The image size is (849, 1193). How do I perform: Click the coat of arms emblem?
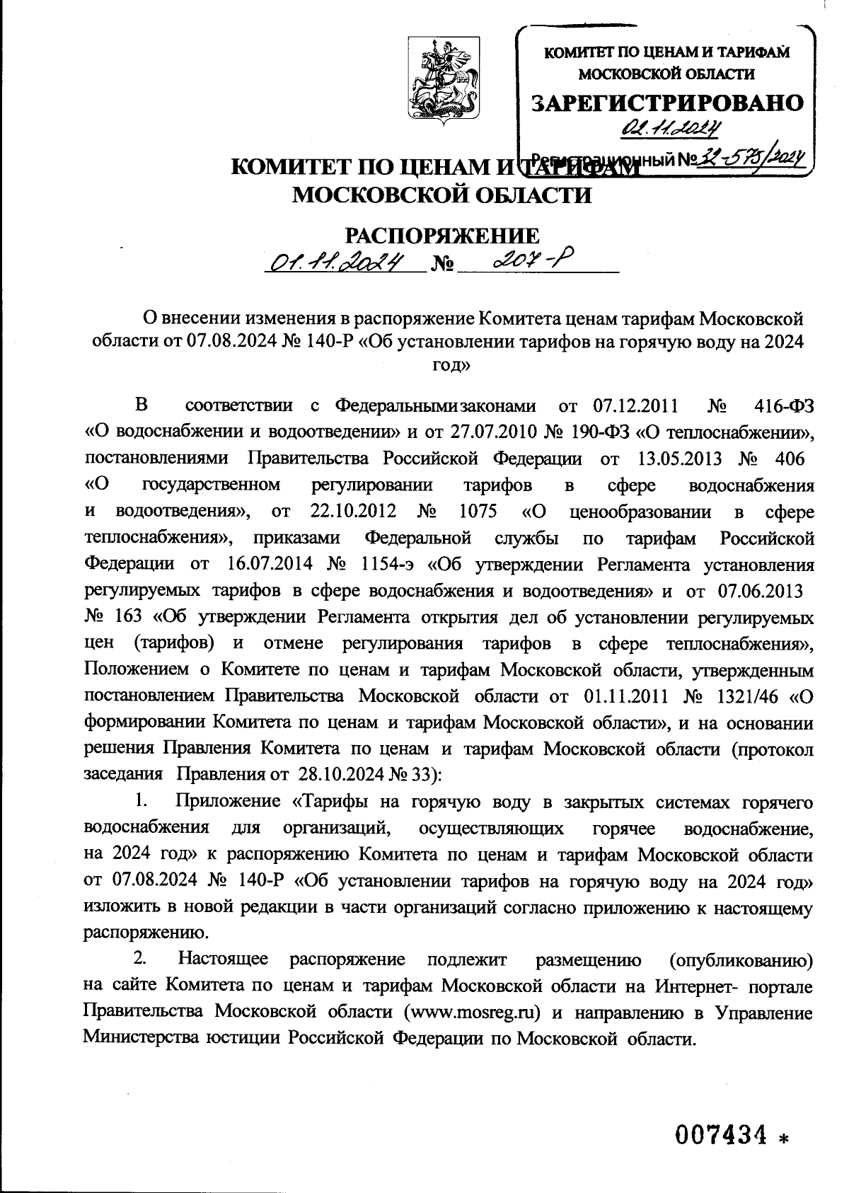pos(443,81)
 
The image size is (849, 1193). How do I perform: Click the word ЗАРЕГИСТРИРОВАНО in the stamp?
pos(668,103)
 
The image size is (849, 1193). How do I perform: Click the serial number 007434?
pos(721,1136)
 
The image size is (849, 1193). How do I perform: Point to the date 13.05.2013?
pos(679,459)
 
